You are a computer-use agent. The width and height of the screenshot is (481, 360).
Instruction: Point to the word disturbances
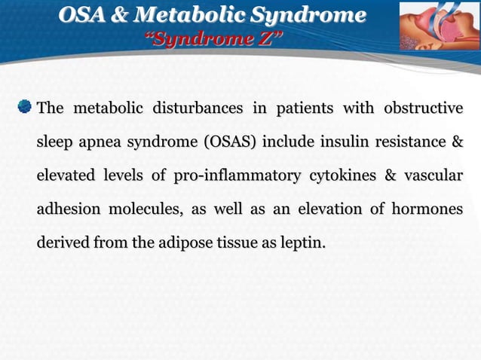198,109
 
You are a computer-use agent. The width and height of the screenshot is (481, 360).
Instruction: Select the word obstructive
423,109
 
